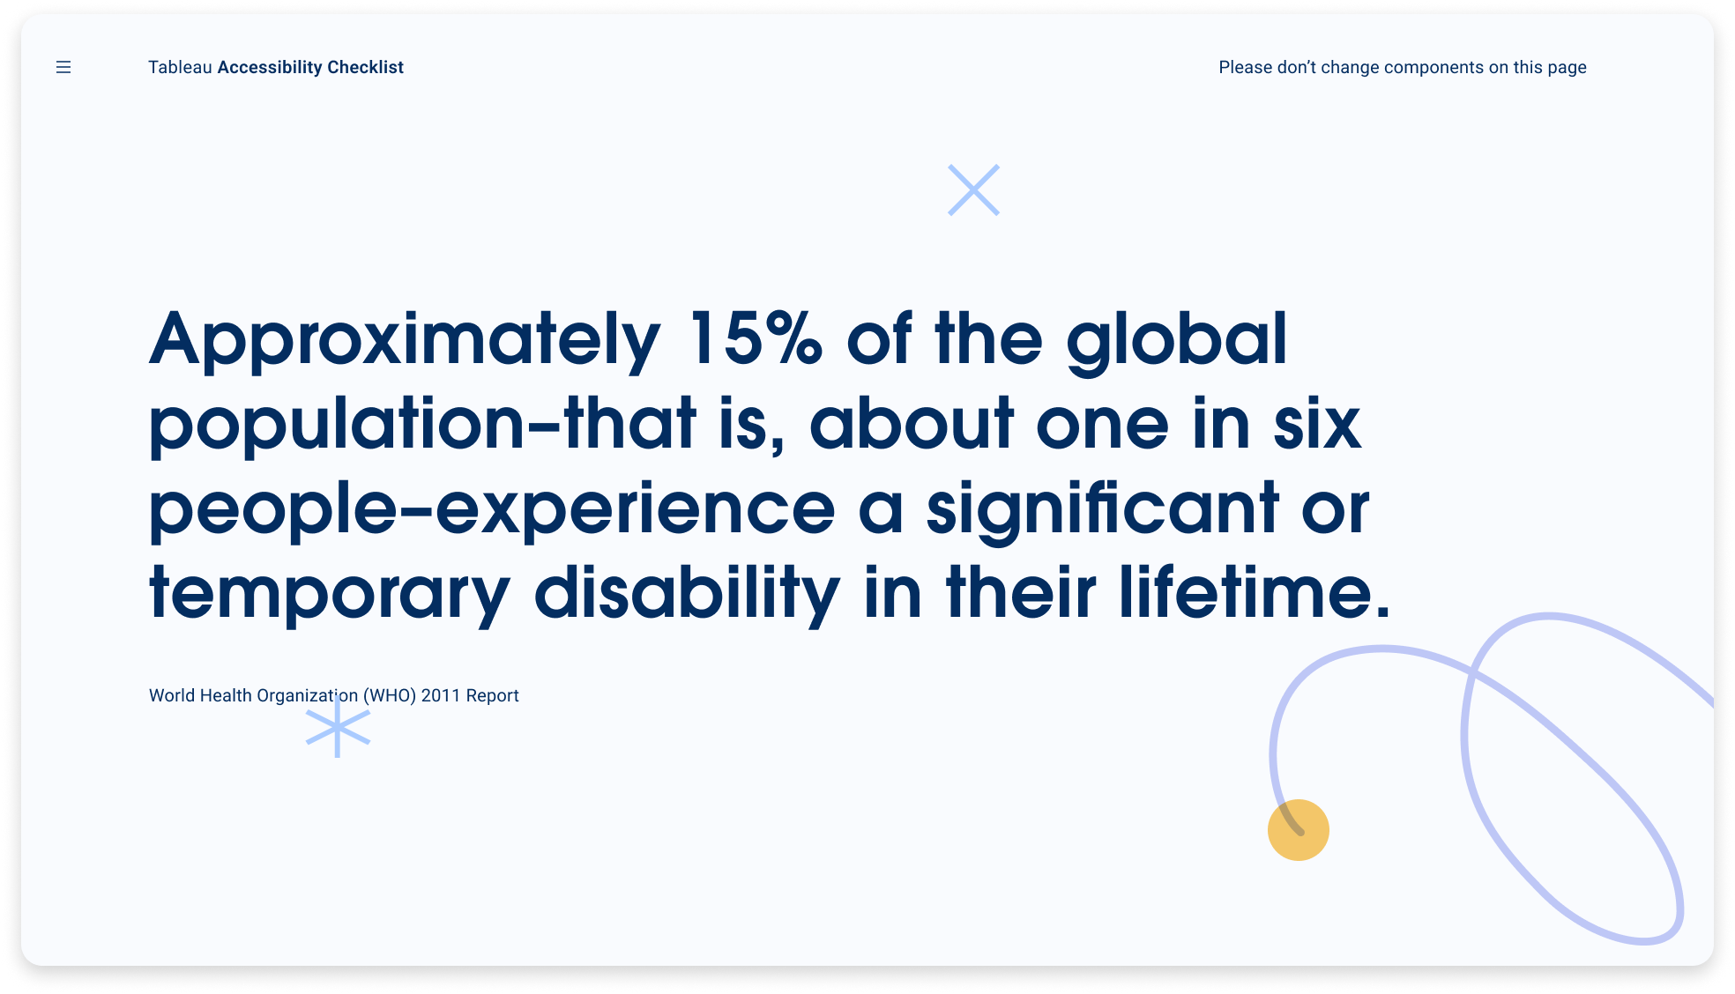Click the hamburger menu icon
click(x=63, y=67)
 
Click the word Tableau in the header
click(x=180, y=67)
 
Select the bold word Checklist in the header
click(x=365, y=67)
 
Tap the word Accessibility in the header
click(x=270, y=68)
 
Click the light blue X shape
click(x=973, y=189)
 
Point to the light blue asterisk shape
click(x=338, y=726)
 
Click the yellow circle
click(x=1299, y=830)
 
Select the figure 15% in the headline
click(x=756, y=338)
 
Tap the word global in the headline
click(x=1177, y=340)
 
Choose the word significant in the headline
click(x=1103, y=509)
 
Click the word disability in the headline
click(x=688, y=595)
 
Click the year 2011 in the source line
click(x=441, y=695)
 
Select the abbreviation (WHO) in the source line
click(x=390, y=696)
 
